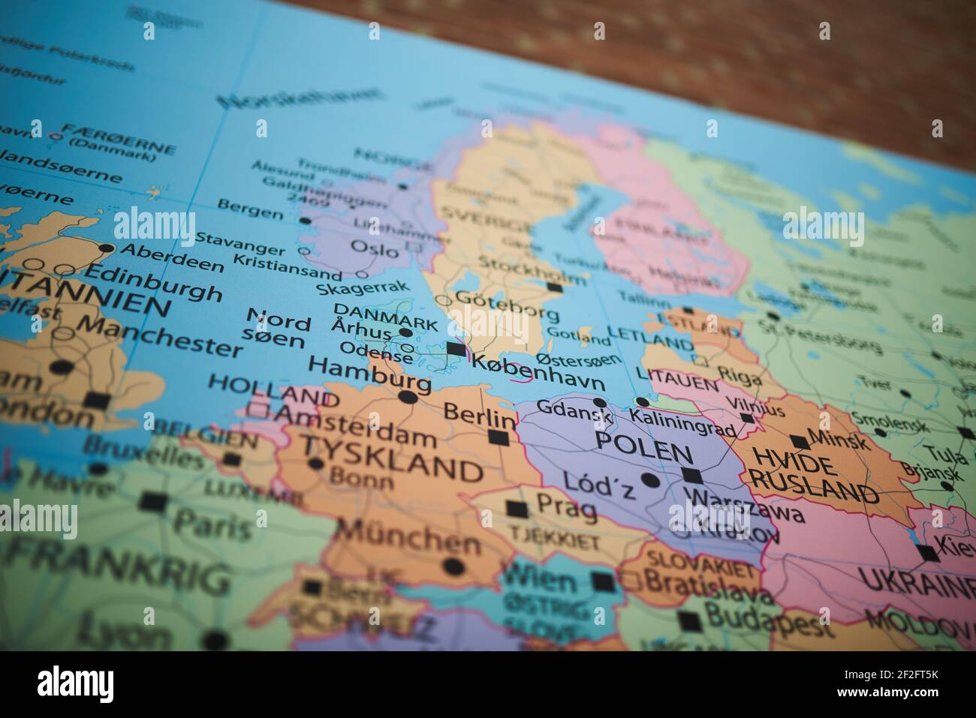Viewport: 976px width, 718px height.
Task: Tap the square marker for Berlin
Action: (x=498, y=437)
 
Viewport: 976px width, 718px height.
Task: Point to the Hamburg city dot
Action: (x=408, y=397)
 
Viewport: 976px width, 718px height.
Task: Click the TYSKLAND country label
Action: (x=391, y=461)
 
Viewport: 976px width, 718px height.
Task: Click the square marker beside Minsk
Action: (x=800, y=441)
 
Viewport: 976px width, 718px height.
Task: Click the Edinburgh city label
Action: (x=155, y=283)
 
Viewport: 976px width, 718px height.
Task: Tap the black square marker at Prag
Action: (x=517, y=509)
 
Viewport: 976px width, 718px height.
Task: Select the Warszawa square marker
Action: (x=691, y=475)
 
